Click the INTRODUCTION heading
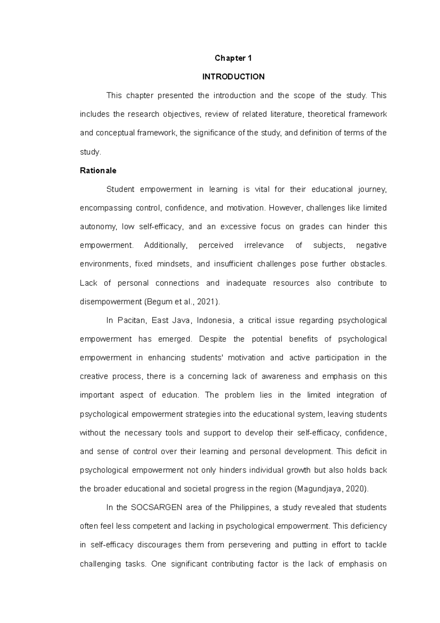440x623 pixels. [x=233, y=77]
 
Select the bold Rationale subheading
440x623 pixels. [x=98, y=171]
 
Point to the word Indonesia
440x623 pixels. [x=214, y=320]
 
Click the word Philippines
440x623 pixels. [x=249, y=508]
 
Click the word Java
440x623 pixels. [x=183, y=320]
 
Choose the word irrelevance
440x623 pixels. [x=264, y=245]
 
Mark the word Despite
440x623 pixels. [x=213, y=339]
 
